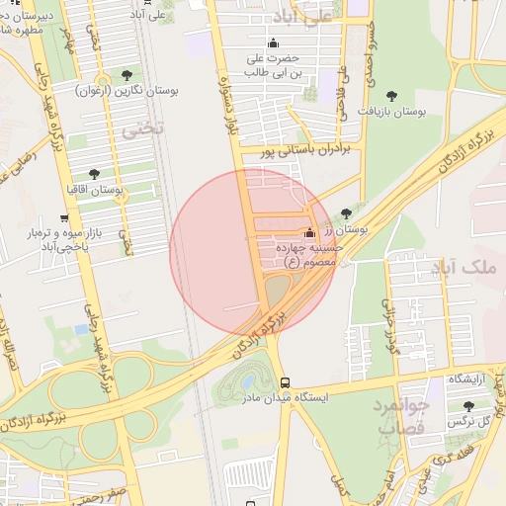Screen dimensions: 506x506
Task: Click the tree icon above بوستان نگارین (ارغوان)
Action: (x=126, y=75)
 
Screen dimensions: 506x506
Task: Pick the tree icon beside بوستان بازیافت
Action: (x=391, y=97)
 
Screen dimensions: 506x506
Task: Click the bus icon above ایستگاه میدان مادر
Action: (x=285, y=381)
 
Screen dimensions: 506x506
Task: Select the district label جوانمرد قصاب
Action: (x=399, y=416)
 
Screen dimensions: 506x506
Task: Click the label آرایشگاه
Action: (x=470, y=379)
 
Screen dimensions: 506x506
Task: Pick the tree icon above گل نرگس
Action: (x=468, y=406)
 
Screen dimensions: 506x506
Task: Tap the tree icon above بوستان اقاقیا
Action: (x=94, y=173)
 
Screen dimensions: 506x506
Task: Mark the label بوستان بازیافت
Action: (x=392, y=113)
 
